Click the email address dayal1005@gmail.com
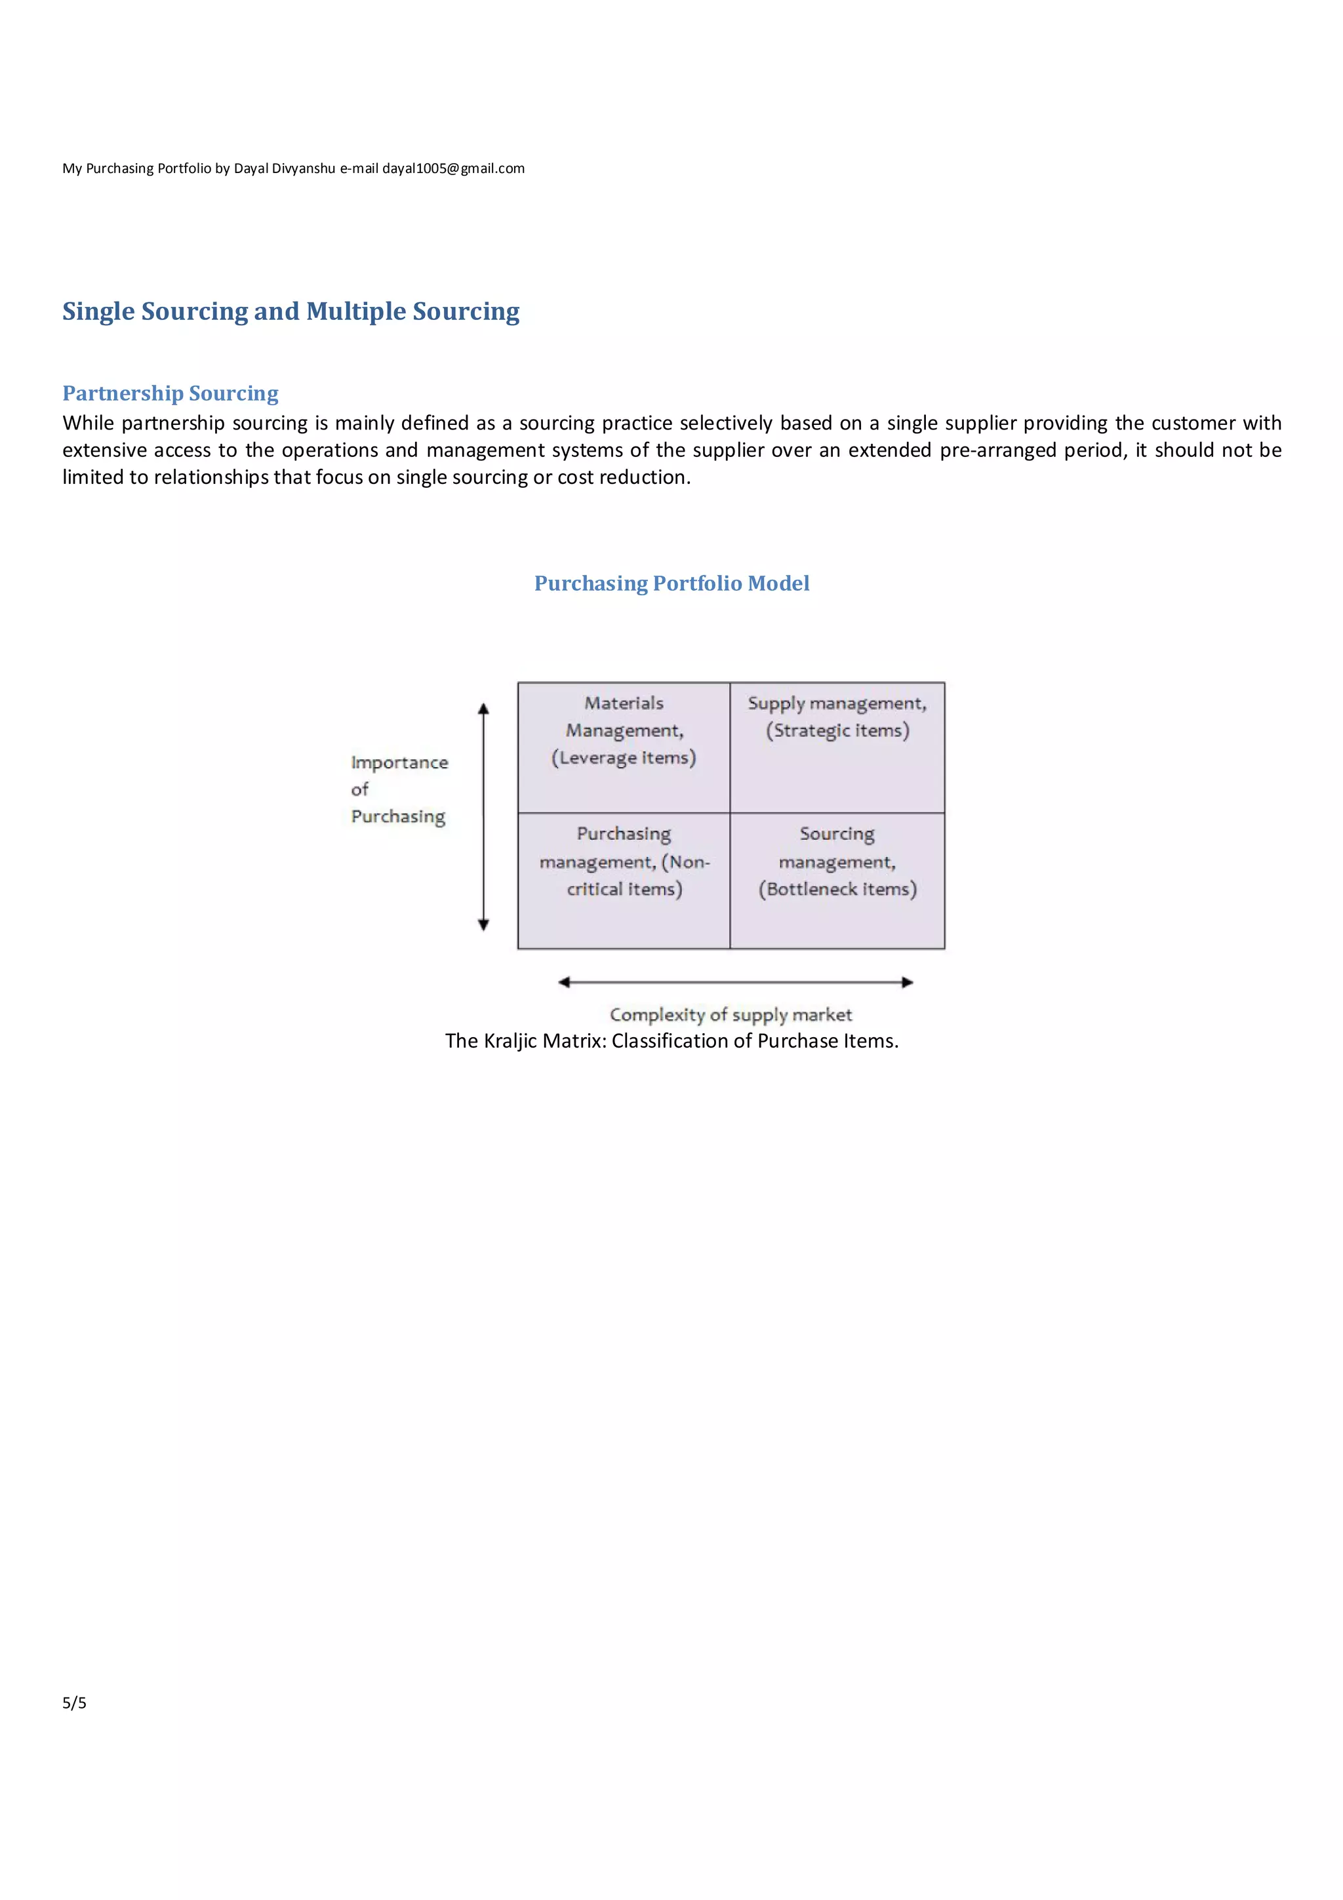(x=452, y=168)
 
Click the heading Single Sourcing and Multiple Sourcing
(x=291, y=311)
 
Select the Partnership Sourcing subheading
(x=170, y=393)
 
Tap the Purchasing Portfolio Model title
(x=671, y=584)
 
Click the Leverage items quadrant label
(x=624, y=758)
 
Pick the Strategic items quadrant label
(x=837, y=731)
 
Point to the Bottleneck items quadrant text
(x=837, y=890)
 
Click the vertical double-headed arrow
(x=484, y=817)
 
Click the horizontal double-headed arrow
(x=735, y=982)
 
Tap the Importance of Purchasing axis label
(x=399, y=789)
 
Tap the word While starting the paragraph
(x=88, y=424)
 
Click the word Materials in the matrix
(x=624, y=703)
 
